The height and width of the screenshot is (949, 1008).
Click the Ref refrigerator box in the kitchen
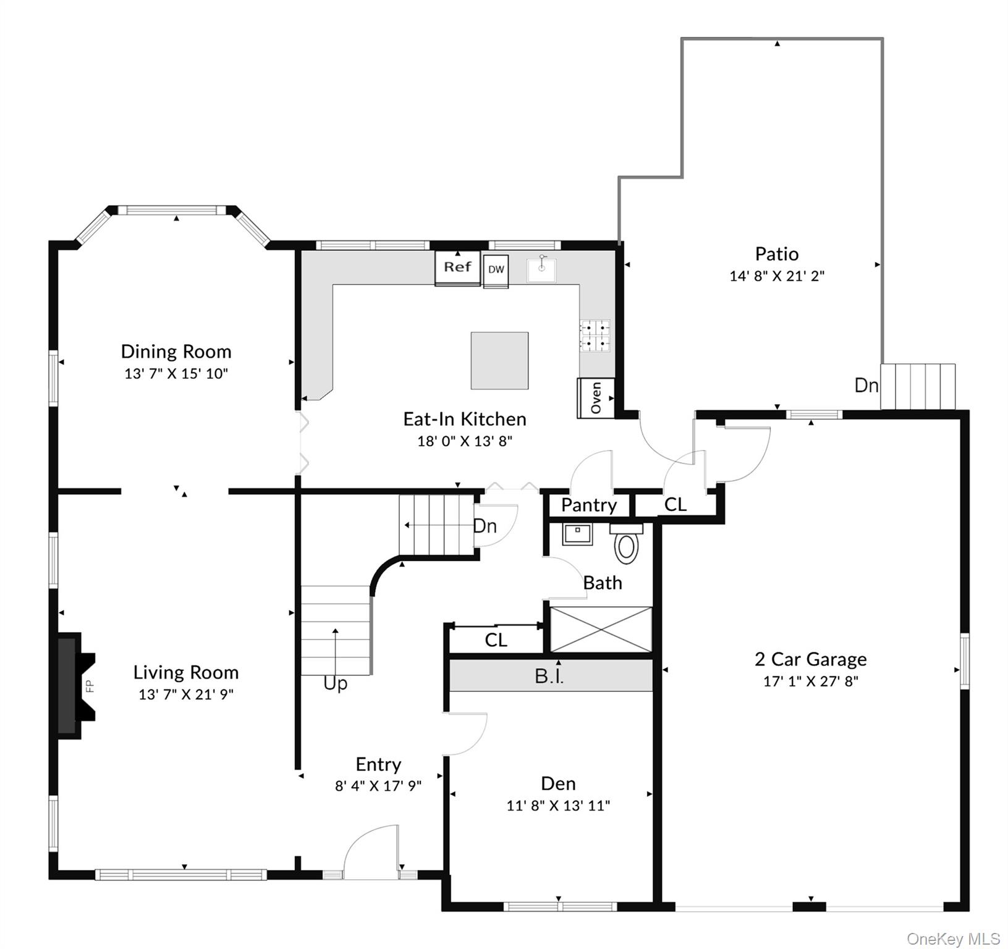coord(457,268)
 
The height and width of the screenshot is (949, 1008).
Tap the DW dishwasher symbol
coord(496,271)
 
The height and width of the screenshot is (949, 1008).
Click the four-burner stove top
coord(595,335)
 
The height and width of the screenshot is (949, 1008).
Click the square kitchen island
coord(499,361)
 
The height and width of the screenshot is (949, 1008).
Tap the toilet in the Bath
coord(627,546)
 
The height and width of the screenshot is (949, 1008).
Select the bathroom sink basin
coord(578,533)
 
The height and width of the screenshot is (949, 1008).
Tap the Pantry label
coord(588,505)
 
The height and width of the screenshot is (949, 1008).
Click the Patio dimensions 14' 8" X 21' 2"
coord(777,276)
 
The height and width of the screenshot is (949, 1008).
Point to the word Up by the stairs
coord(336,683)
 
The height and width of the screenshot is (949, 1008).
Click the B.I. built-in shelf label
coord(549,676)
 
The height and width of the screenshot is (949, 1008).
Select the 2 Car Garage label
coord(810,659)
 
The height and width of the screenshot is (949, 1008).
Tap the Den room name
coord(558,783)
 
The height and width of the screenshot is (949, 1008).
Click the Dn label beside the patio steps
coord(866,386)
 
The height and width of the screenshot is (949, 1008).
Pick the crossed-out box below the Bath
coord(601,630)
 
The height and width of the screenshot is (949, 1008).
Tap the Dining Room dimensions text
coord(176,374)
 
